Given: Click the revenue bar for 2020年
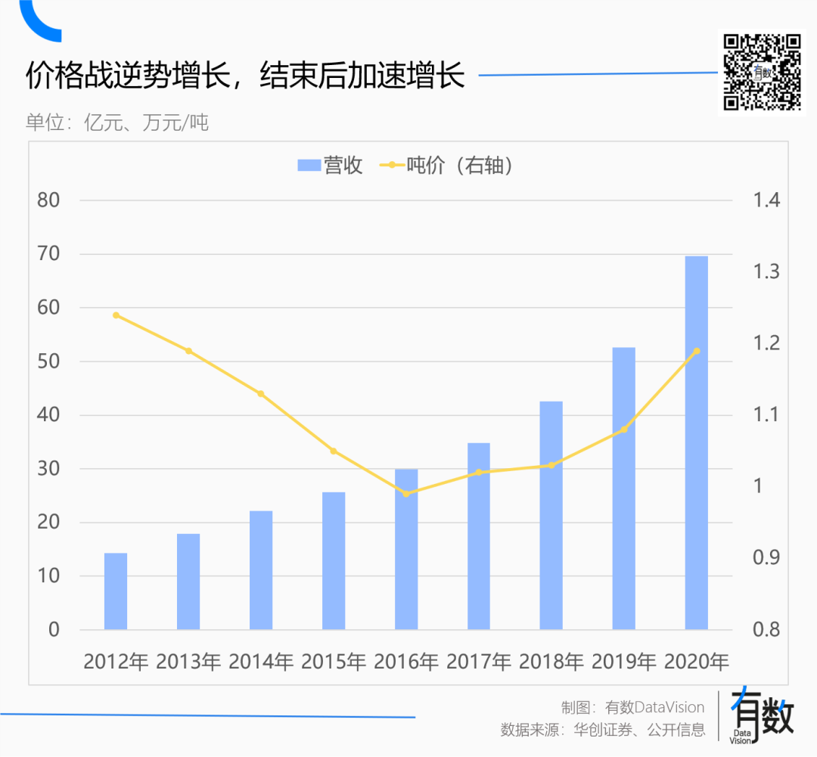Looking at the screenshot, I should point(696,442).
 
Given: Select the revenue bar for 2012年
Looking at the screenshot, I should point(116,591).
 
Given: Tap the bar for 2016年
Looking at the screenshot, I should point(406,549).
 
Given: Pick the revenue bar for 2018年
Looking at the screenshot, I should point(551,515).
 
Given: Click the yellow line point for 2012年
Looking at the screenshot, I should point(116,315).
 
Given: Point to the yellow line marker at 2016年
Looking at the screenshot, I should point(406,494).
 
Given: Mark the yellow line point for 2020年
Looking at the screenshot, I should point(697,351).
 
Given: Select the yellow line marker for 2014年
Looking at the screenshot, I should point(261,394).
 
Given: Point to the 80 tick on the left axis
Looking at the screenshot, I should point(48,200).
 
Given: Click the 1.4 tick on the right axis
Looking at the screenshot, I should point(766,200).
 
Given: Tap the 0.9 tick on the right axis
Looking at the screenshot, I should point(766,558).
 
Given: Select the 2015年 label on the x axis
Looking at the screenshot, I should point(334,662).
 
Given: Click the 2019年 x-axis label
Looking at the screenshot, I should point(624,662).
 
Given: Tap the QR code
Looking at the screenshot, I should point(762,73).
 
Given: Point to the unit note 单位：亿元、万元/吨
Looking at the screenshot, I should point(117,123).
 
